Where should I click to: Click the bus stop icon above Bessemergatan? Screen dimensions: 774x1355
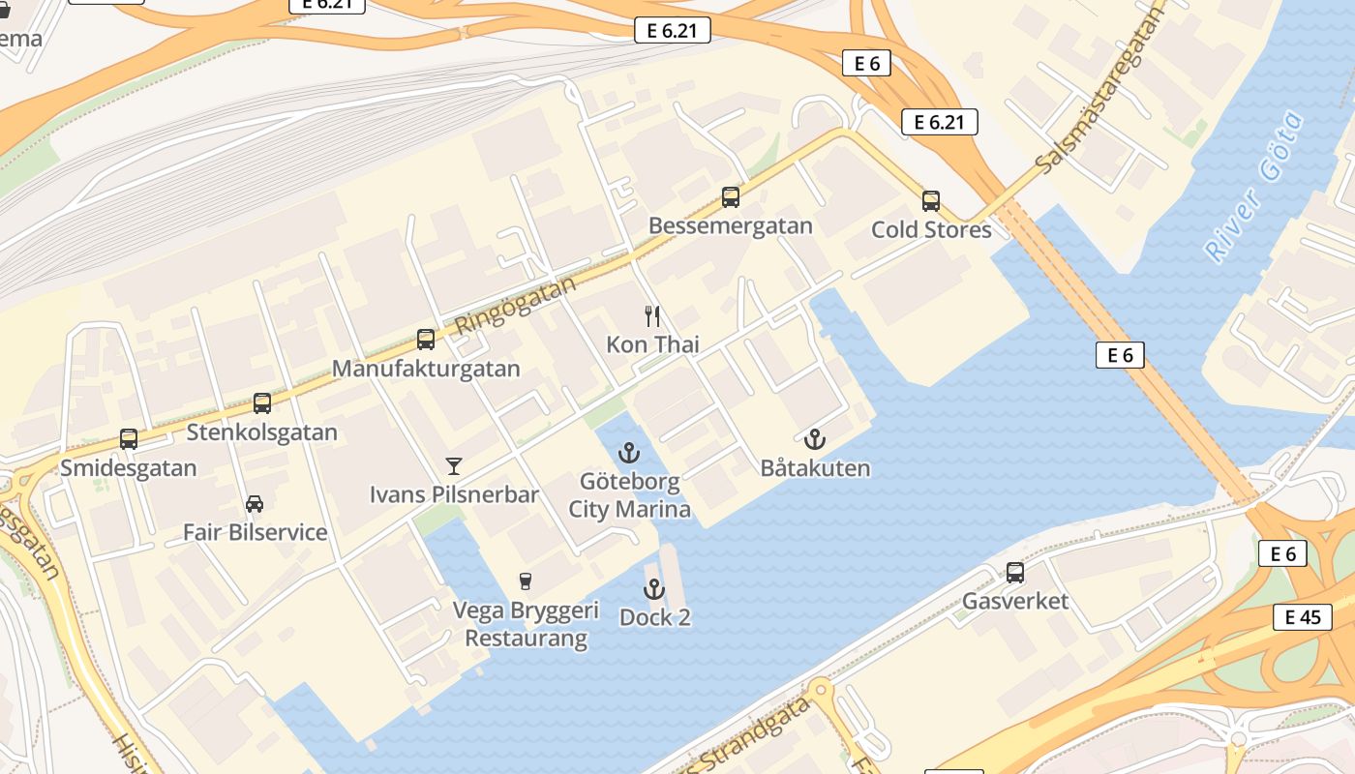coord(731,197)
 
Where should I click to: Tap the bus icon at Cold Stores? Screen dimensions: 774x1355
coord(931,201)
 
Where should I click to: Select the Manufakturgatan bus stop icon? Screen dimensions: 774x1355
coord(426,340)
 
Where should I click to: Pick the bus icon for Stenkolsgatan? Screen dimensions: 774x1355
coord(262,402)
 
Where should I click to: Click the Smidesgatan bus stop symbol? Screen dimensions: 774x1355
coord(129,439)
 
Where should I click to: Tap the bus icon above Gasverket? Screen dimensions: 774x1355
coord(1015,573)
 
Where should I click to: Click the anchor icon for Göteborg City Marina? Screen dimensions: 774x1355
coord(630,452)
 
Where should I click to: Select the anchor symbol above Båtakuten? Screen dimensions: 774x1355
coord(815,439)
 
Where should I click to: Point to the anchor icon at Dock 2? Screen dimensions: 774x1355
coord(655,588)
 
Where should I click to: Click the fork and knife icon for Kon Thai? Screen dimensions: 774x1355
coord(653,315)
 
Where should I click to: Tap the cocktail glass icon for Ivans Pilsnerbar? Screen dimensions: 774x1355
coord(454,466)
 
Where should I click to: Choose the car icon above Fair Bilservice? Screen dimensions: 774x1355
coord(255,504)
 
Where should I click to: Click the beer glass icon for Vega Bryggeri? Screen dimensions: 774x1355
coord(526,581)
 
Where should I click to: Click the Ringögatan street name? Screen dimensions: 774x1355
coord(515,304)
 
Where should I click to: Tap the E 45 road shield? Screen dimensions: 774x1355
coord(1302,617)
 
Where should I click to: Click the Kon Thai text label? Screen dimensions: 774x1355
coord(652,344)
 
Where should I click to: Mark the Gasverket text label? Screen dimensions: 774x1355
coord(1015,601)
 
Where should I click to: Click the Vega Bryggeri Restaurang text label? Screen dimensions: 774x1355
coord(527,625)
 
